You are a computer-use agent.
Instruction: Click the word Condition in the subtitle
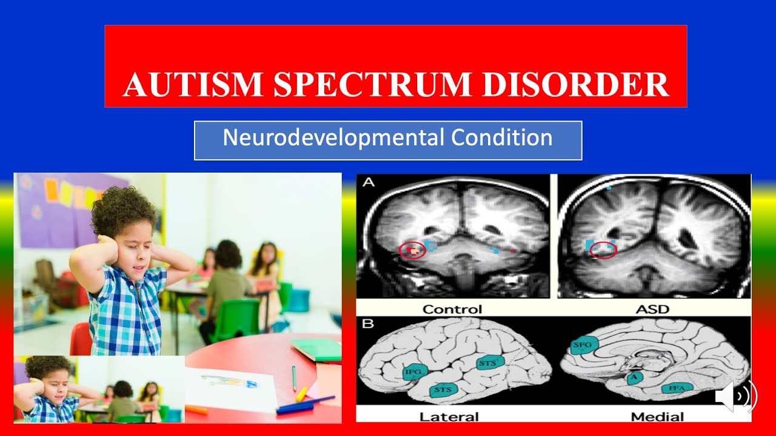tap(503, 138)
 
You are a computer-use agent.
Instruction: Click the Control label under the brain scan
tap(452, 309)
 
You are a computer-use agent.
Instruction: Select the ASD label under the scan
tap(652, 309)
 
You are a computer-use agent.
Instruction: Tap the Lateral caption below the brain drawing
tap(449, 417)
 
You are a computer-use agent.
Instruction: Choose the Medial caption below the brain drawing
tap(657, 417)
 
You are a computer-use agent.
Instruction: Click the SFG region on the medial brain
tap(585, 345)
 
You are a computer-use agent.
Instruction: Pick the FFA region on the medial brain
tap(677, 388)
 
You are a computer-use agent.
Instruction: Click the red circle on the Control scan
tap(412, 250)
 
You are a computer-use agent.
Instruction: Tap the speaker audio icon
tap(735, 397)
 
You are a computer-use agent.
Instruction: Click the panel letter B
tap(368, 323)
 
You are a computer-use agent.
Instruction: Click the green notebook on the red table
tap(316, 349)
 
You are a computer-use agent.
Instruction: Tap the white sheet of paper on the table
tap(230, 388)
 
